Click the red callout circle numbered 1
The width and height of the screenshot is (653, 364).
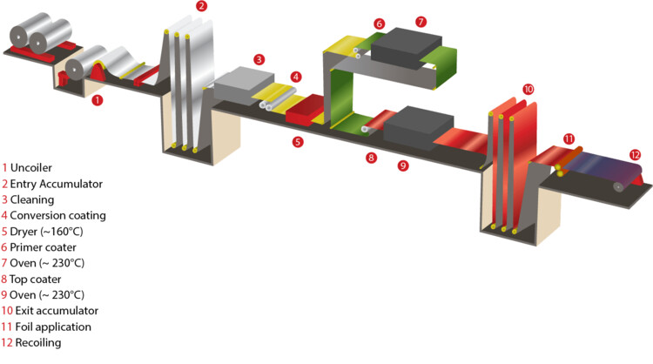click(97, 100)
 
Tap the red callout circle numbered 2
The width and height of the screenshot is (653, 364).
click(202, 6)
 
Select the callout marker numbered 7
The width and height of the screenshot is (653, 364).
click(421, 21)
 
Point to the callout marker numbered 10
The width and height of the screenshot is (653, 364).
click(528, 89)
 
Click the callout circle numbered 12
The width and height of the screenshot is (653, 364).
click(635, 155)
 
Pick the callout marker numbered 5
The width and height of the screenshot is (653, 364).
click(298, 142)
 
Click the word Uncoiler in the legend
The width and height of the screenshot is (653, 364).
click(31, 168)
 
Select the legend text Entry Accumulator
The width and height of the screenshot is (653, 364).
click(57, 184)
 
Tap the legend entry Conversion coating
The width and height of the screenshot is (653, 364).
click(57, 215)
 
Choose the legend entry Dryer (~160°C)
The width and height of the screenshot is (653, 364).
click(47, 232)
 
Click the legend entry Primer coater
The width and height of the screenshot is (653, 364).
click(43, 247)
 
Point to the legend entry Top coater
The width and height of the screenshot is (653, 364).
click(36, 279)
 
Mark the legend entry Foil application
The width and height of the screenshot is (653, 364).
click(53, 327)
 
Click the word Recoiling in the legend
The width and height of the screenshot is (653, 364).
click(38, 343)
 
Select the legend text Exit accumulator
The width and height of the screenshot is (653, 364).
click(57, 311)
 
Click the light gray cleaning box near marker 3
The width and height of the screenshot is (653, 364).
click(244, 86)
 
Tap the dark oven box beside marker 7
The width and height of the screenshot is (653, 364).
click(406, 48)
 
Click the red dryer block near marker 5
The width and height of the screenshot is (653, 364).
click(305, 110)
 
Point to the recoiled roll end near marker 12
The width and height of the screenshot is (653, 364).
click(619, 186)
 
